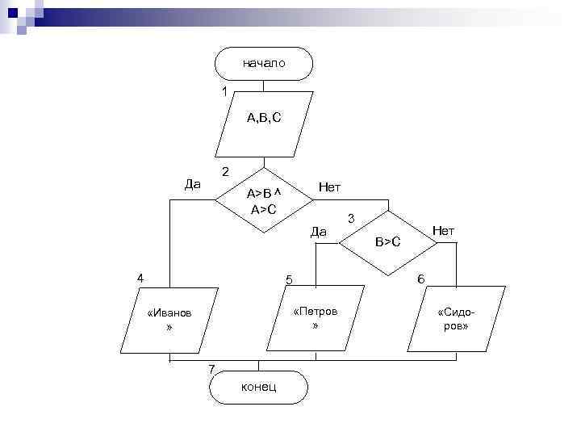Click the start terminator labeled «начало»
coord(263,63)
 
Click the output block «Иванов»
coord(169,320)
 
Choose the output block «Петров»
coord(316,319)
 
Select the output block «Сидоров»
coord(457,319)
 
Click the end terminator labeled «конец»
coord(258,387)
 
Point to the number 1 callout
coord(225,91)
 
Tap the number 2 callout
coord(225,171)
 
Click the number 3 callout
coord(351,218)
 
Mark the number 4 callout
coord(140,279)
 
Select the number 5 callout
coord(289,280)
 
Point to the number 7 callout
coord(211,369)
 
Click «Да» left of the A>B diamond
coord(193,184)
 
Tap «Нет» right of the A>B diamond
coord(330,187)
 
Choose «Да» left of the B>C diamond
coord(318,233)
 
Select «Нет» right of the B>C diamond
coord(443,231)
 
